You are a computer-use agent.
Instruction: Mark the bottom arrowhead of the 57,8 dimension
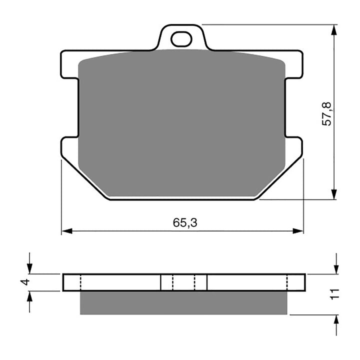tap(334, 194)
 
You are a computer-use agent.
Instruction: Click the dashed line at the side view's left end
tap(80, 282)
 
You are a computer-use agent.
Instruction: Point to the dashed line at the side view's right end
tap(288, 282)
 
